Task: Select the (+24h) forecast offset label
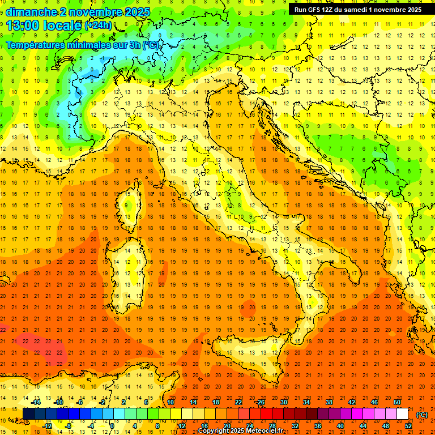tap(98, 25)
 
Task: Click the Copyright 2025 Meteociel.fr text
tap(240, 431)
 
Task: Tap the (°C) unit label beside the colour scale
tap(422, 415)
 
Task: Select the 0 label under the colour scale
tap(112, 425)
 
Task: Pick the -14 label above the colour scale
tap(37, 402)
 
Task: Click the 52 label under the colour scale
tap(408, 425)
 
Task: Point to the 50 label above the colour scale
tap(397, 402)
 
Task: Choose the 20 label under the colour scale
tap(227, 425)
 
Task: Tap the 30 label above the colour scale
tap(283, 402)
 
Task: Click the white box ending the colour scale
tap(402, 413)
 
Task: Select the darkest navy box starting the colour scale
tap(28, 413)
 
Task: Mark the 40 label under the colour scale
tap(340, 425)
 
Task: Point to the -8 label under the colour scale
tap(69, 425)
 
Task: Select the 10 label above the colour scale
tap(170, 402)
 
